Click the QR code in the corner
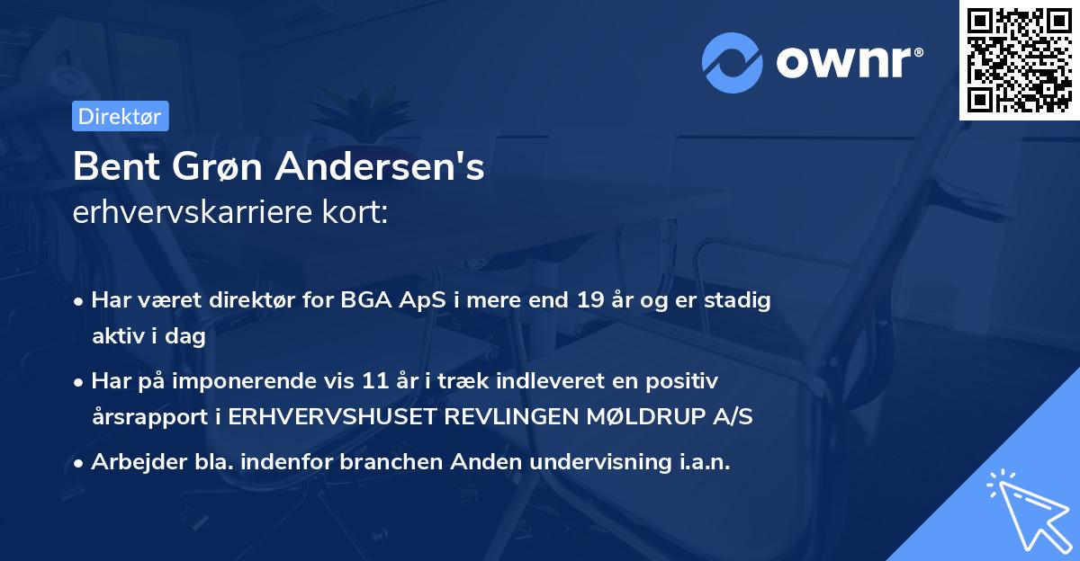click(x=1020, y=59)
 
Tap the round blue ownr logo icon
click(x=730, y=62)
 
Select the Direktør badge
click(x=119, y=116)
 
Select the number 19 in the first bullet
click(x=590, y=301)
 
